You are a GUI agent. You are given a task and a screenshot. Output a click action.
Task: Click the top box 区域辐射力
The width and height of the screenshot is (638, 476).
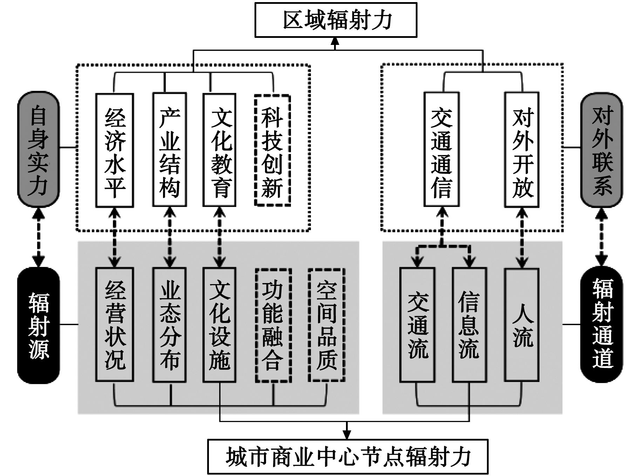click(335, 20)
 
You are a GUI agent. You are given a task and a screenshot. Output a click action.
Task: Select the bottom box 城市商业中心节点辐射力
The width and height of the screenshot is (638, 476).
click(348, 456)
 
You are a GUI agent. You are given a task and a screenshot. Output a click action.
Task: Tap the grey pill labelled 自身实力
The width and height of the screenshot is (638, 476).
click(39, 149)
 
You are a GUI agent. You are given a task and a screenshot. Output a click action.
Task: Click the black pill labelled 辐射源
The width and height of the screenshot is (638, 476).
click(39, 325)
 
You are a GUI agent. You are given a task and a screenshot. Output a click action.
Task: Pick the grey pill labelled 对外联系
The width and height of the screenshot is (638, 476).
click(602, 149)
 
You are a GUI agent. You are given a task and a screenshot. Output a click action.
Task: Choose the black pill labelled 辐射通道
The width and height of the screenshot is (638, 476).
click(602, 324)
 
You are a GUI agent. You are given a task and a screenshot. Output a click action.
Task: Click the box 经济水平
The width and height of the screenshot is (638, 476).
click(115, 150)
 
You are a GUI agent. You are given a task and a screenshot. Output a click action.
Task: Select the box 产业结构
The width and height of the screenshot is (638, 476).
click(170, 150)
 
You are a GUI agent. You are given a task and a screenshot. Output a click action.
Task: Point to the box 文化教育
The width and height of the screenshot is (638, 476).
click(220, 150)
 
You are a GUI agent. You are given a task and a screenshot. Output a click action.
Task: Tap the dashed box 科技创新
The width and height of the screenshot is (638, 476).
click(272, 150)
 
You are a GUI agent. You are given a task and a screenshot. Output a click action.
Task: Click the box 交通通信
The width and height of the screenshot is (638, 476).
click(441, 150)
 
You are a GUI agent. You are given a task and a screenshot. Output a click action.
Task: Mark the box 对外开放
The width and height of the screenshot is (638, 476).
click(522, 150)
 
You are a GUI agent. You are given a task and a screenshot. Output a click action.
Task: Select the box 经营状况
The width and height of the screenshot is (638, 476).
click(115, 324)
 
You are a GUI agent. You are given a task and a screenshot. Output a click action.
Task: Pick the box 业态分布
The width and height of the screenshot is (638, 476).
click(170, 324)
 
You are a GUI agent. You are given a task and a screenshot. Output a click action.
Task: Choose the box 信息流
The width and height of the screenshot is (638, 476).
click(469, 324)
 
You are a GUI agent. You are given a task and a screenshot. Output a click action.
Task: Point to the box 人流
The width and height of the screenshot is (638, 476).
click(522, 324)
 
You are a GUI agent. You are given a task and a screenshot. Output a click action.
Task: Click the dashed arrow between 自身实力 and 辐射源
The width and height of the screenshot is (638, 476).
click(39, 237)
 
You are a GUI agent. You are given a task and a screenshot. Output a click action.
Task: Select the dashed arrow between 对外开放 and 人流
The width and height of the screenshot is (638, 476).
click(522, 238)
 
